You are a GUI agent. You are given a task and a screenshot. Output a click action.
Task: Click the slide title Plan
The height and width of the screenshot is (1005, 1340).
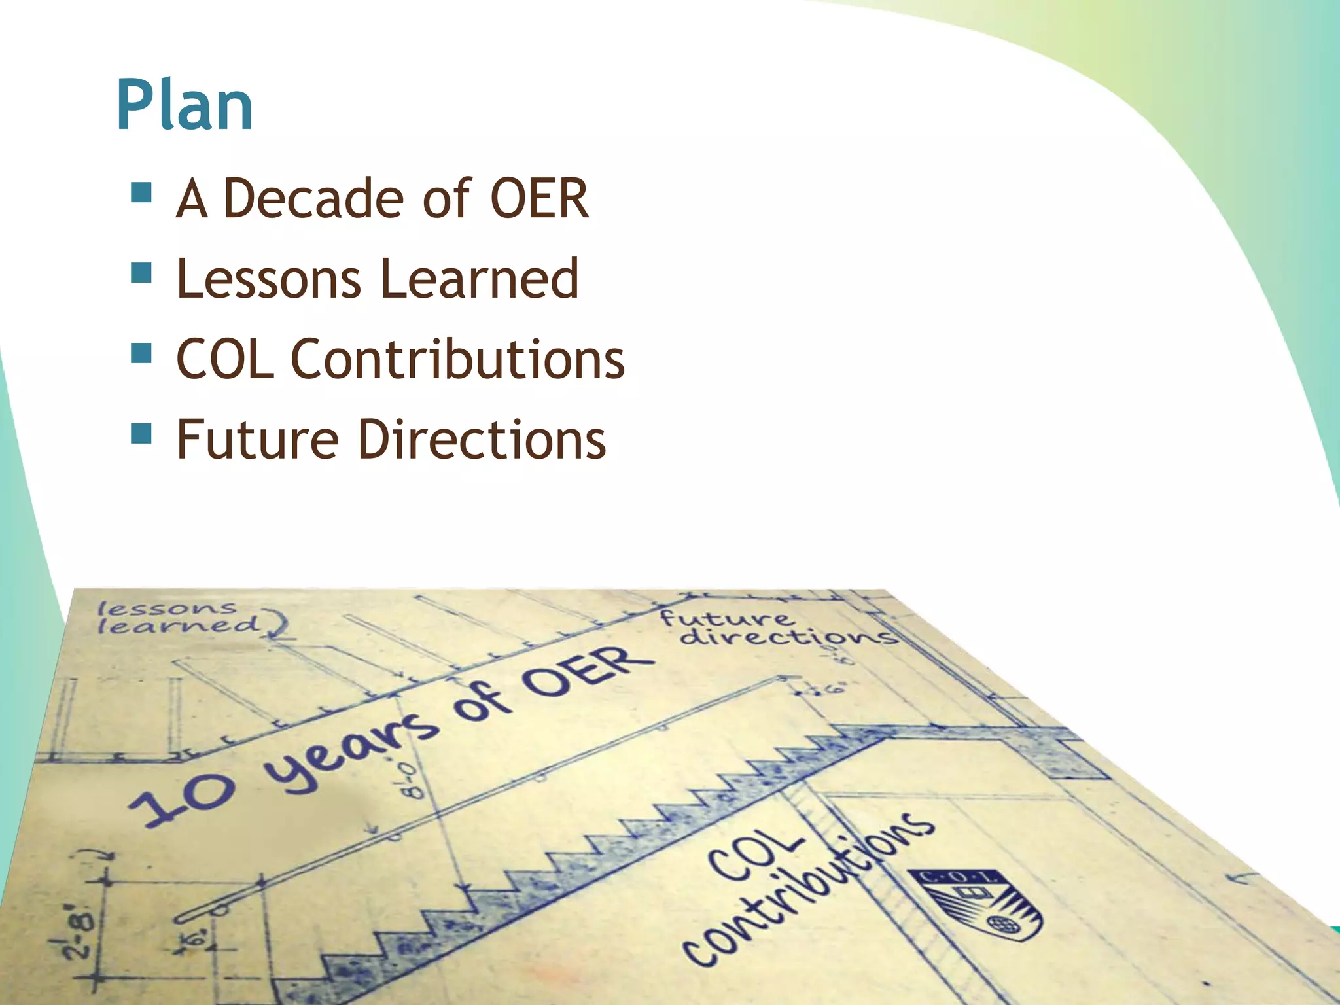[185, 106]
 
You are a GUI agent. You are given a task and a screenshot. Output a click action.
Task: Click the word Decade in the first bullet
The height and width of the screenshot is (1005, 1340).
[313, 198]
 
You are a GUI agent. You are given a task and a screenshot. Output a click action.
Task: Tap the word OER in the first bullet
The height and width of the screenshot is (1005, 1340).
[539, 198]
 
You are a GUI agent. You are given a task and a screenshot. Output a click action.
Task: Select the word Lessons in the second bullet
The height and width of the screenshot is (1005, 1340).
[268, 279]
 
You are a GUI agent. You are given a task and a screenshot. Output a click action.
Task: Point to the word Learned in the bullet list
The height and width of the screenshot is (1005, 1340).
[480, 279]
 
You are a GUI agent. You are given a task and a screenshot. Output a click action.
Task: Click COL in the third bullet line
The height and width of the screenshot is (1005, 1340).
[225, 359]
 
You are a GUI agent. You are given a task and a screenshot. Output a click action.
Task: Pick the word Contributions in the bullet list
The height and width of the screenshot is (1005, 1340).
[457, 359]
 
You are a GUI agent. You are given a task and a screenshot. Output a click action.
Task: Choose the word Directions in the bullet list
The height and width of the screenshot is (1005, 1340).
[482, 440]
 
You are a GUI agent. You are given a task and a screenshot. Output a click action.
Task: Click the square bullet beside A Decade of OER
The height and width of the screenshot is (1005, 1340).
[141, 193]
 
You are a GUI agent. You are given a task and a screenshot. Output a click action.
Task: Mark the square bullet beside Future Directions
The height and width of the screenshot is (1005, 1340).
[141, 433]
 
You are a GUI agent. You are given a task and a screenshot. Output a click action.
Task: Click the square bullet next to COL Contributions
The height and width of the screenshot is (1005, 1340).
[141, 353]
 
